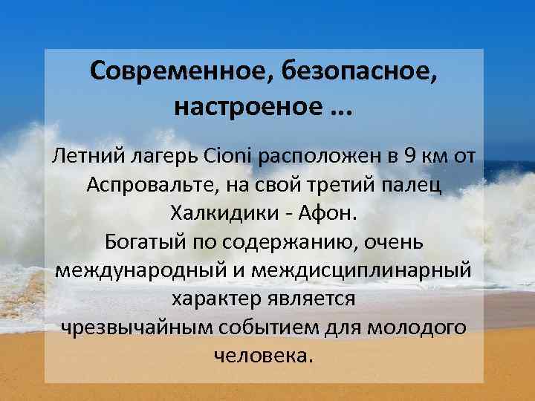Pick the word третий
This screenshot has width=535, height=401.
pyautogui.click(x=348, y=185)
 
